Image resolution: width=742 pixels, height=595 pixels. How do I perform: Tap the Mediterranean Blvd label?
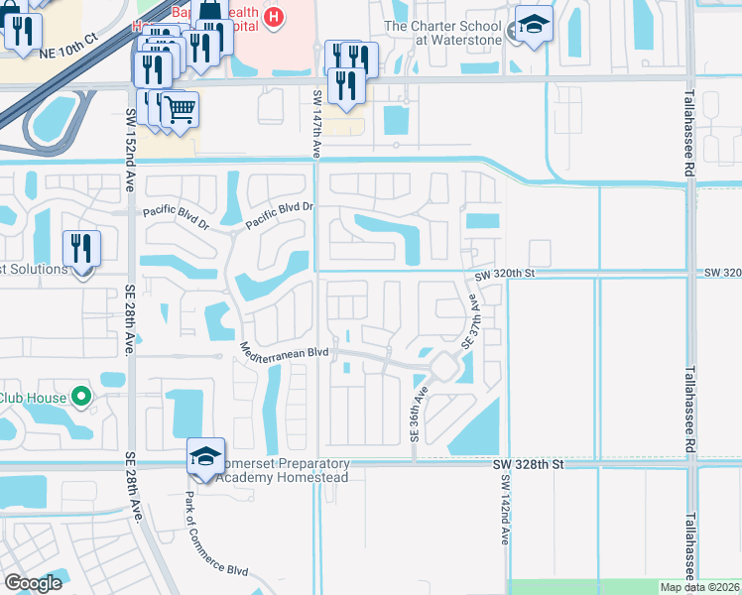283,351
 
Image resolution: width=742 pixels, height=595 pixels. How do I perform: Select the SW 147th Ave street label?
316,123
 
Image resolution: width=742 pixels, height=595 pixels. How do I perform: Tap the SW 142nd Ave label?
505,507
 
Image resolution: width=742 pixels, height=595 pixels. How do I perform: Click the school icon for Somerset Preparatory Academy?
205,457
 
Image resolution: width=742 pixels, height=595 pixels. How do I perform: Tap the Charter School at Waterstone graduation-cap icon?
534,29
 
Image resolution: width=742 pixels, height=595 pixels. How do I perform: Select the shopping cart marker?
181,109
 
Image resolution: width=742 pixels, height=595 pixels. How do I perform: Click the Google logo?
33,583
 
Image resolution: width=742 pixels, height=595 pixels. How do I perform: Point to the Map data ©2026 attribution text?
697,587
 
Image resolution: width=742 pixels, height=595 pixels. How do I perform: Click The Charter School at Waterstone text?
441,33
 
